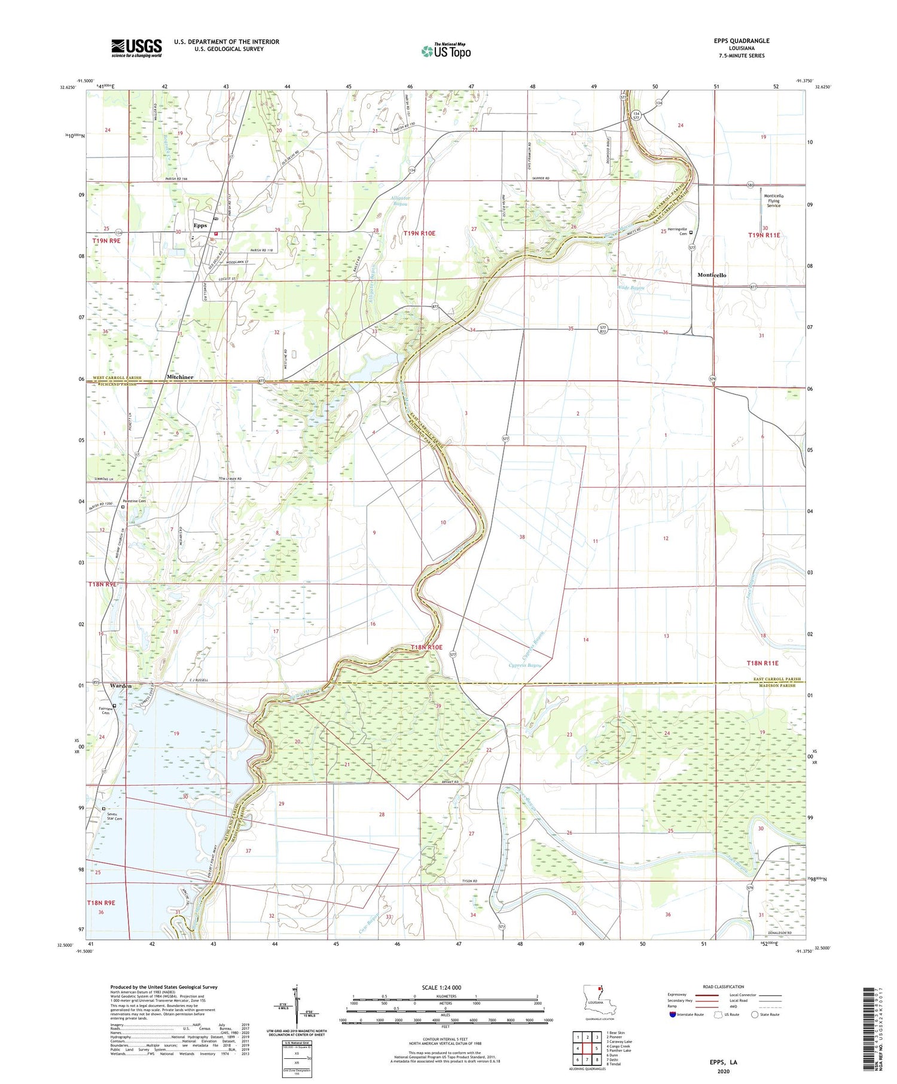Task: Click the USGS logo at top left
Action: click(x=136, y=48)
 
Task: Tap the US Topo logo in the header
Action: click(x=446, y=51)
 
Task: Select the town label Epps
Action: click(x=200, y=225)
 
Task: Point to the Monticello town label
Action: click(x=712, y=275)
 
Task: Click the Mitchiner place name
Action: click(x=180, y=377)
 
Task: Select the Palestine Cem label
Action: click(x=134, y=501)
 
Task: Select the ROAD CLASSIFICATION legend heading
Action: click(x=724, y=987)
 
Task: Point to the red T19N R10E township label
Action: click(x=427, y=233)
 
